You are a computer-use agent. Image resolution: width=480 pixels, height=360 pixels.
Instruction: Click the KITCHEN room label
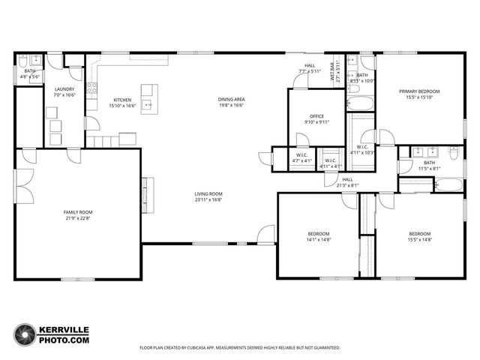pos(122,100)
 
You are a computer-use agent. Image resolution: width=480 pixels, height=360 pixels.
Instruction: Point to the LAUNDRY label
pos(64,88)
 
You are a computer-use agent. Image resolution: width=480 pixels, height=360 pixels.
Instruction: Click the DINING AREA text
pos(231,100)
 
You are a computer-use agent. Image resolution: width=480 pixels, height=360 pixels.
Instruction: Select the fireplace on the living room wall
pos(148,193)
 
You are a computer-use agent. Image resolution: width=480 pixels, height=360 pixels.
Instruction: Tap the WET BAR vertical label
pos(338,69)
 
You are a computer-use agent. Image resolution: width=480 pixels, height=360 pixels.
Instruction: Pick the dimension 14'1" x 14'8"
pos(319,240)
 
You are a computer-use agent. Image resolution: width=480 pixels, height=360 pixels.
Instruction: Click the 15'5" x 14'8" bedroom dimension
pos(419,240)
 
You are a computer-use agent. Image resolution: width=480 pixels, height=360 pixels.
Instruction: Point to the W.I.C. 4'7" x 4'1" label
pos(301,157)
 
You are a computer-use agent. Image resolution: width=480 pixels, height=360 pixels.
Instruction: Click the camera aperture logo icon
pos(26,334)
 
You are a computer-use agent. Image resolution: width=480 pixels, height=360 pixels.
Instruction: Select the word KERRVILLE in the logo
pos(65,329)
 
